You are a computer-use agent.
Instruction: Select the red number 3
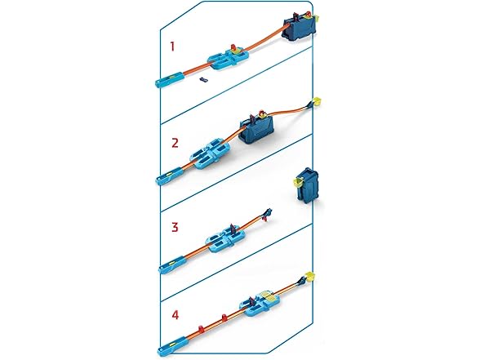[174, 225]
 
